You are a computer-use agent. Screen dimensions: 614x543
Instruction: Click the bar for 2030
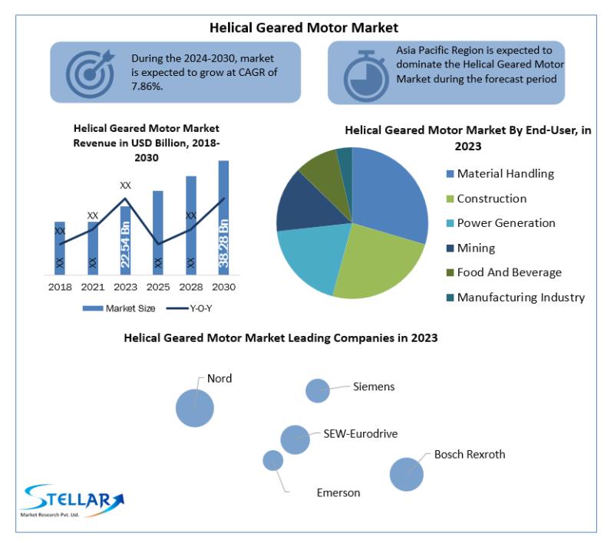point(223,218)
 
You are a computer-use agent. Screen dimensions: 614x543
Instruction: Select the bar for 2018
point(60,248)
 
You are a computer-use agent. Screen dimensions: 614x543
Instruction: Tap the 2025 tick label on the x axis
point(158,287)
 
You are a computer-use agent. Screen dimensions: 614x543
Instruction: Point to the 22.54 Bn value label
point(125,245)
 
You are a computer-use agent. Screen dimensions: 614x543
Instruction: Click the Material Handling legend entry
point(500,173)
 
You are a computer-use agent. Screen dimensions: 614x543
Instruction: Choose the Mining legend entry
point(470,248)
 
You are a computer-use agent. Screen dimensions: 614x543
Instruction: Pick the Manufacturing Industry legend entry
point(516,298)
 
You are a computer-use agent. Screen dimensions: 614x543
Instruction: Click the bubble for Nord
point(195,408)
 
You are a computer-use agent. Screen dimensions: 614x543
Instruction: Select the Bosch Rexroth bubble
point(407,475)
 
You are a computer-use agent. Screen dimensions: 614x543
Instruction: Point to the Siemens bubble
point(318,390)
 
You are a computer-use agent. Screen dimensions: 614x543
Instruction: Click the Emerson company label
point(338,493)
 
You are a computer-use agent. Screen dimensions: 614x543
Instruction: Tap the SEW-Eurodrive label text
point(360,434)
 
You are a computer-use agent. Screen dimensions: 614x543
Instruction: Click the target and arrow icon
point(90,73)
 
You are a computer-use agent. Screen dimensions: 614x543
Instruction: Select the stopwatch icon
point(366,76)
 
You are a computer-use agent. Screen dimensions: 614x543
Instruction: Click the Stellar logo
point(73,501)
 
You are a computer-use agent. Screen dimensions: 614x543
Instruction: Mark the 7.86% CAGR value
point(147,87)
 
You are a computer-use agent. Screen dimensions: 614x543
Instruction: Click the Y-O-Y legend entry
point(189,308)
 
